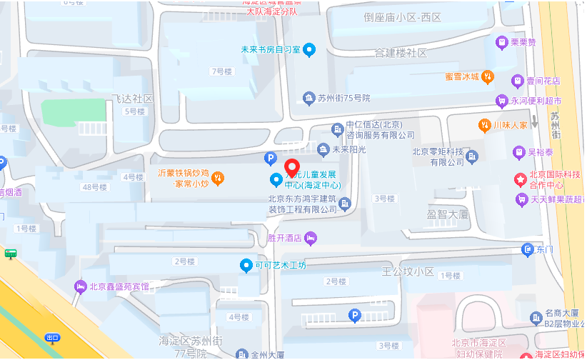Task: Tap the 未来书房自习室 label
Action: (271, 50)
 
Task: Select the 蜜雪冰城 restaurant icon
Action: (487, 76)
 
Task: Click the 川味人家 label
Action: (510, 125)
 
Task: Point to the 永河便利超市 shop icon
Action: (503, 101)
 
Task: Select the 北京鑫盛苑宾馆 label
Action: (119, 287)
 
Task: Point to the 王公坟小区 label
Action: (408, 271)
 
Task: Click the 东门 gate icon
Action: (528, 249)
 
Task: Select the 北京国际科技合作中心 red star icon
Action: (521, 177)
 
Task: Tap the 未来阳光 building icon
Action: (323, 149)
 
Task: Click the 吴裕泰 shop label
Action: (541, 152)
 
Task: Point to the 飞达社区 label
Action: (132, 98)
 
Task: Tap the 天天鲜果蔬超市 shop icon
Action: (521, 199)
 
